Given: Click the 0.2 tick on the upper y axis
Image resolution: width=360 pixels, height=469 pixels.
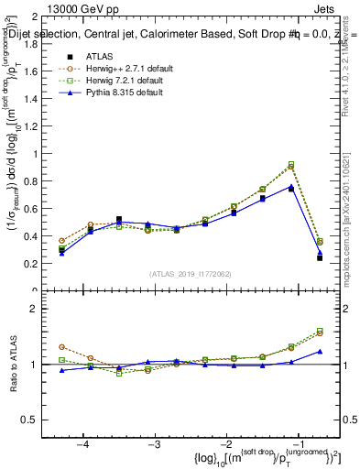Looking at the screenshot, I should click(x=37, y=264).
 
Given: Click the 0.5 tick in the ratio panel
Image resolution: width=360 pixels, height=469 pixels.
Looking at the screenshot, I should click(x=37, y=420).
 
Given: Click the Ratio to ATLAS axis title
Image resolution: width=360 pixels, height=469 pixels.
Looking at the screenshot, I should click(x=13, y=365).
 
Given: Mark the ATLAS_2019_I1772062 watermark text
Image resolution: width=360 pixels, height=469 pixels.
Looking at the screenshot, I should click(x=190, y=273).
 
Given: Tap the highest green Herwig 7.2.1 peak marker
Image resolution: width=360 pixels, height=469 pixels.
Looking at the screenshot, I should click(x=291, y=164).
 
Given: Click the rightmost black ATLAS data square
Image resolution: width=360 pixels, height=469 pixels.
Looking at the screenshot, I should click(x=320, y=258).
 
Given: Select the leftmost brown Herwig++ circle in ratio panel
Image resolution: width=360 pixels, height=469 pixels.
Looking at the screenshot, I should click(x=61, y=347).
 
